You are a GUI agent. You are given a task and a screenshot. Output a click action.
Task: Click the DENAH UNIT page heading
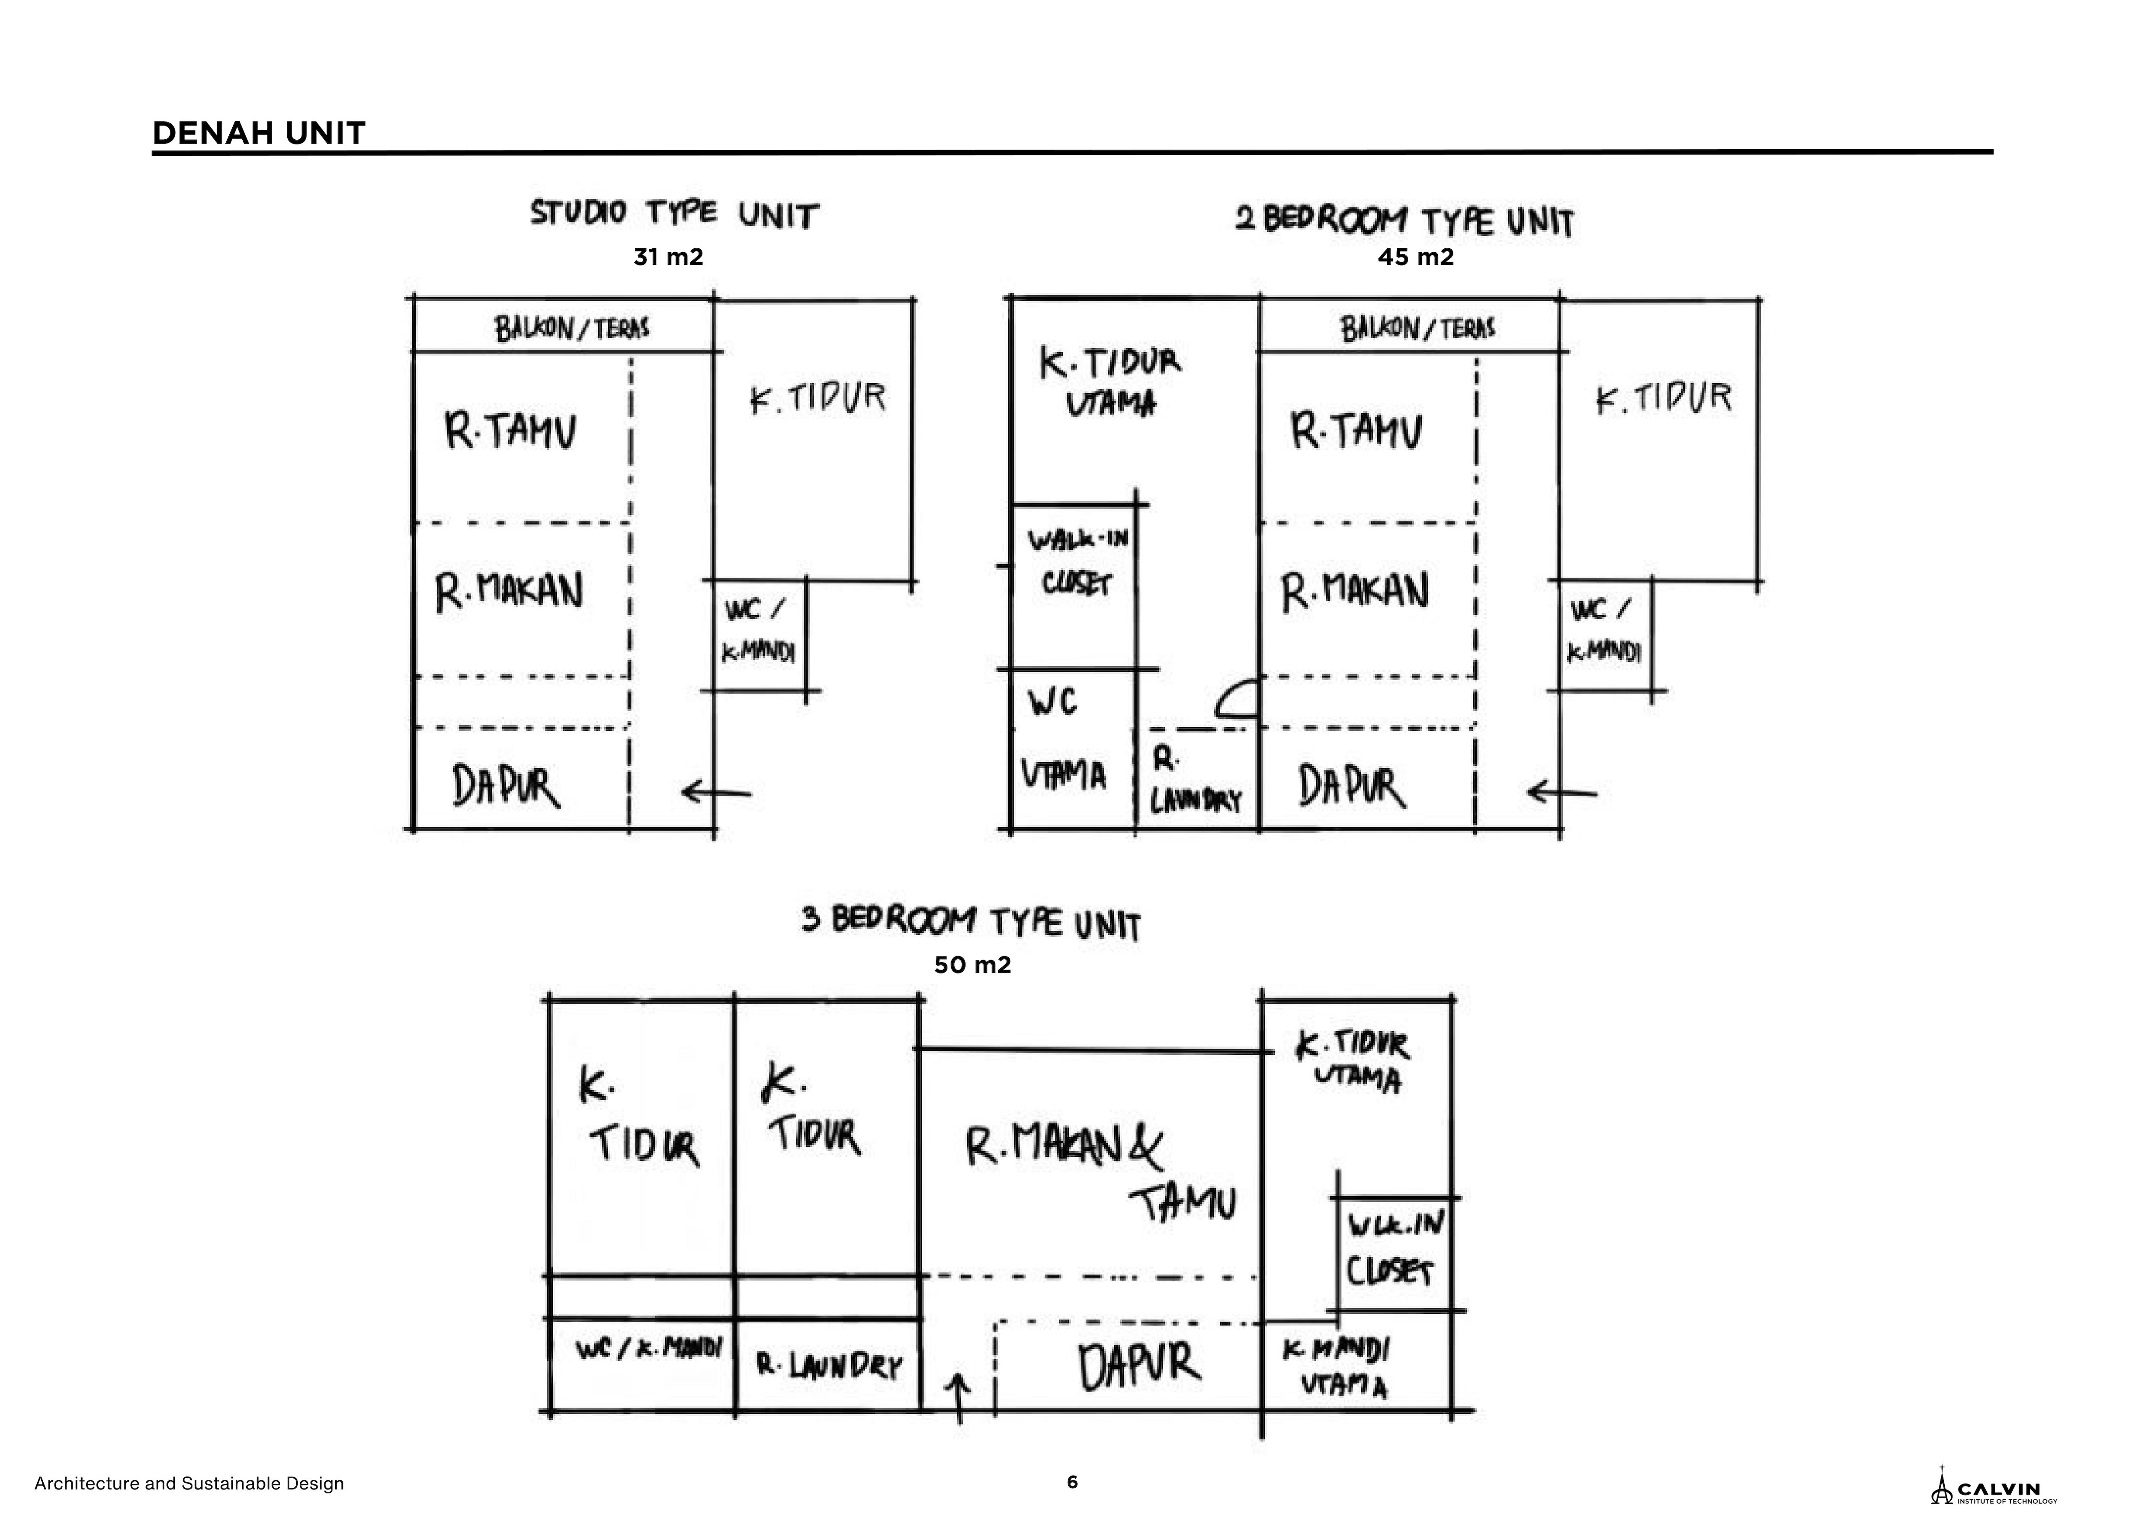pos(258,134)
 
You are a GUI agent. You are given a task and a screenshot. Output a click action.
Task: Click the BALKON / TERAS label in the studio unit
pos(572,328)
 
